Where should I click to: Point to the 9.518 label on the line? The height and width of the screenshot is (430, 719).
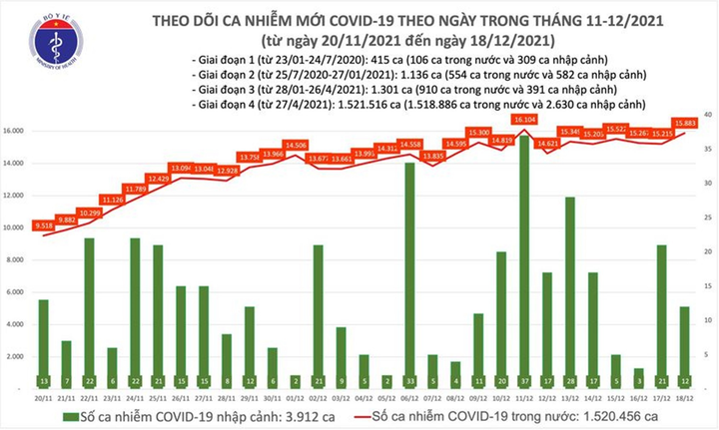(x=43, y=225)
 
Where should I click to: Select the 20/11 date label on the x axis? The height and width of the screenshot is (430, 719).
(x=43, y=396)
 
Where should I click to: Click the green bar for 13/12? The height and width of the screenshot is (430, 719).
(x=569, y=289)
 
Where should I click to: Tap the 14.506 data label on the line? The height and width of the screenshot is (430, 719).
(x=296, y=145)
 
